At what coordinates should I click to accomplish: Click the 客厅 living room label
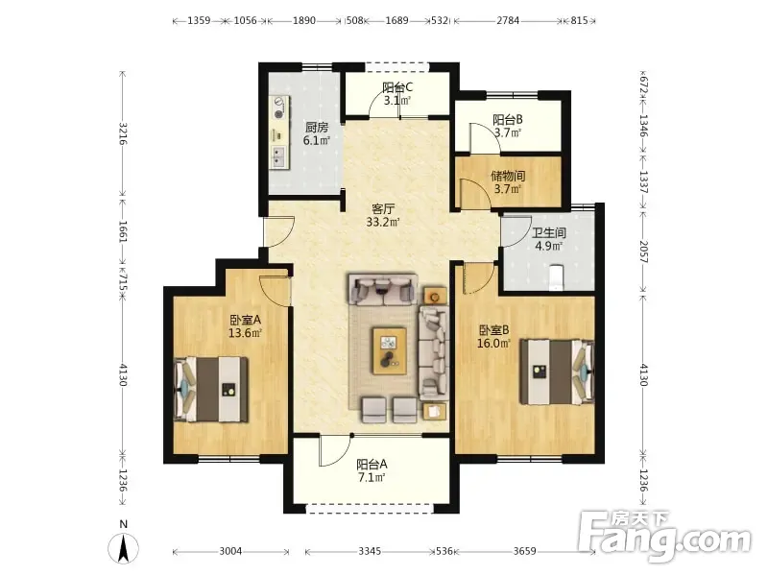point(383,209)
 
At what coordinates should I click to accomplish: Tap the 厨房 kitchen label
point(317,128)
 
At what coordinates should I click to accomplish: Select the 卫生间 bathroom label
point(548,232)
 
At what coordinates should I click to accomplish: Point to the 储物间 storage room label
point(508,176)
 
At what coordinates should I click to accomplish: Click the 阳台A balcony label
point(372,464)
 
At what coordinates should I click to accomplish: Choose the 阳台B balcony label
point(508,119)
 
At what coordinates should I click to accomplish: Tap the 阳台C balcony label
point(397,87)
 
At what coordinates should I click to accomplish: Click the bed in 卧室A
point(211,390)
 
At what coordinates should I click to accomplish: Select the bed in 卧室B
point(557,372)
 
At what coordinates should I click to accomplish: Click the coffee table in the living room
point(390,351)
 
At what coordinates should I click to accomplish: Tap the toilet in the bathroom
point(557,277)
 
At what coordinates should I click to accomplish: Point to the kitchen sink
point(279,156)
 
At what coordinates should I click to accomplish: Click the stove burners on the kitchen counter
point(279,108)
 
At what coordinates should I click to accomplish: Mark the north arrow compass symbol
point(124,547)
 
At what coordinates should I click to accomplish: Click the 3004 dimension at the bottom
point(230,551)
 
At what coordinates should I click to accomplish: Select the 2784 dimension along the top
point(508,20)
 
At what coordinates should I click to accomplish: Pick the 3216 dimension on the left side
point(123,133)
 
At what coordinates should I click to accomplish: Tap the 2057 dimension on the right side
point(643,252)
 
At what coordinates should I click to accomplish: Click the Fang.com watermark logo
point(664,537)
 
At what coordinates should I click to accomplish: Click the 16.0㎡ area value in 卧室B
point(493,344)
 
